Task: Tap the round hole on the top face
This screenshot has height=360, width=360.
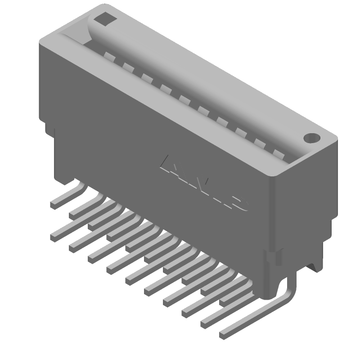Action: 311,138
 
